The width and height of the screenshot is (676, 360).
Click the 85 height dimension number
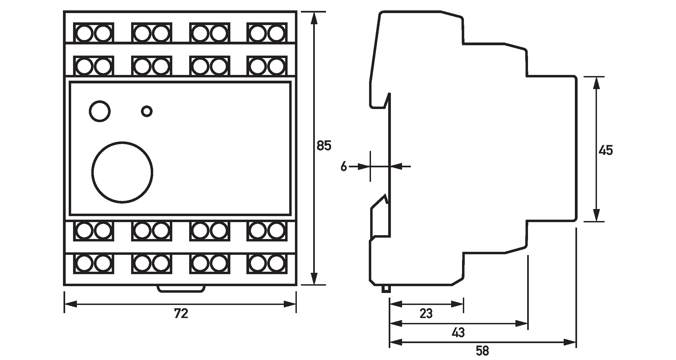[324, 146]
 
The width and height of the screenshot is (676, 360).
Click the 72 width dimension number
[181, 314]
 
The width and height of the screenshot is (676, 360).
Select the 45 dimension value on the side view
[606, 150]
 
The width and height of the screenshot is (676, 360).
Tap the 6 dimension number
[344, 166]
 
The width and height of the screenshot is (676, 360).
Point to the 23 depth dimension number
[426, 314]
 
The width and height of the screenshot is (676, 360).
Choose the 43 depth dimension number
[458, 333]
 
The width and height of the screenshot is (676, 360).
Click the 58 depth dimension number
[482, 351]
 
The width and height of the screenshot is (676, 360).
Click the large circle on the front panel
[122, 173]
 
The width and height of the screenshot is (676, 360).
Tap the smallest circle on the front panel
[147, 111]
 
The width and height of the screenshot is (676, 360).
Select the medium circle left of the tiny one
[100, 111]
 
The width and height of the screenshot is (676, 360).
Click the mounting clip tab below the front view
[181, 289]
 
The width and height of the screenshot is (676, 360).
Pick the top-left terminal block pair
[93, 33]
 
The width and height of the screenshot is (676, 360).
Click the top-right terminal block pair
[267, 33]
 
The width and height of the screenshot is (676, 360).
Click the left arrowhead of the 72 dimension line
[70, 304]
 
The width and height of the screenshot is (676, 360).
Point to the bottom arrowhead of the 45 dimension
[596, 215]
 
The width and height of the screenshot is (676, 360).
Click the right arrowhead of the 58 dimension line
[570, 342]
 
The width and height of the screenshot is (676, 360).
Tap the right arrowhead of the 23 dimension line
[457, 304]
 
